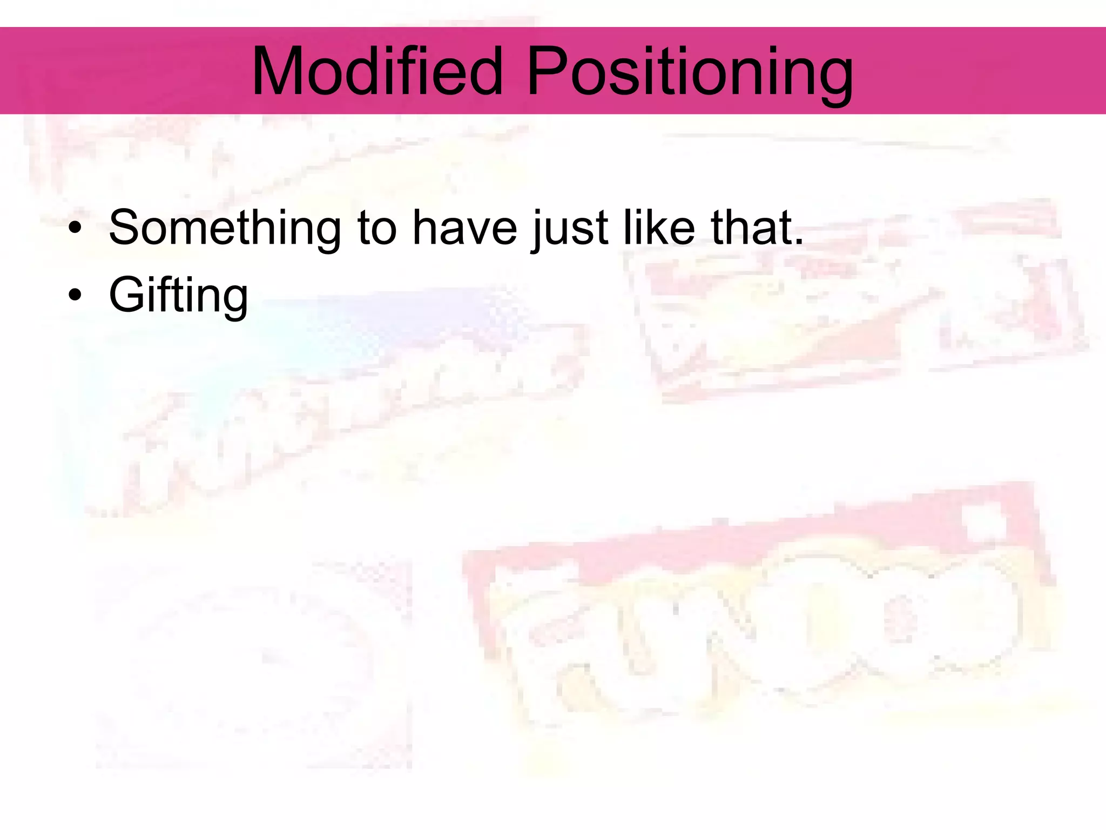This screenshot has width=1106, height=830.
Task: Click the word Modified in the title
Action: [x=377, y=71]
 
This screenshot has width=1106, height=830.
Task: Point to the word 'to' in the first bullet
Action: [x=376, y=228]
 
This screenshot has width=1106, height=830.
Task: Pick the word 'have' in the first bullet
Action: [x=464, y=228]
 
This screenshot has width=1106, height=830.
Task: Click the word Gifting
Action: [x=178, y=296]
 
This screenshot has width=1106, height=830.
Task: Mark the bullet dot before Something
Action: [x=75, y=229]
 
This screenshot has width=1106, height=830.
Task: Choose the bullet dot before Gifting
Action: [x=75, y=296]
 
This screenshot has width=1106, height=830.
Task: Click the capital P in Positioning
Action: [x=545, y=71]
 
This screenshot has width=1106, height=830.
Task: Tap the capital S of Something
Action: [x=125, y=227]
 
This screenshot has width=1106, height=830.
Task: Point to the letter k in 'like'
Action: [x=655, y=227]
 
